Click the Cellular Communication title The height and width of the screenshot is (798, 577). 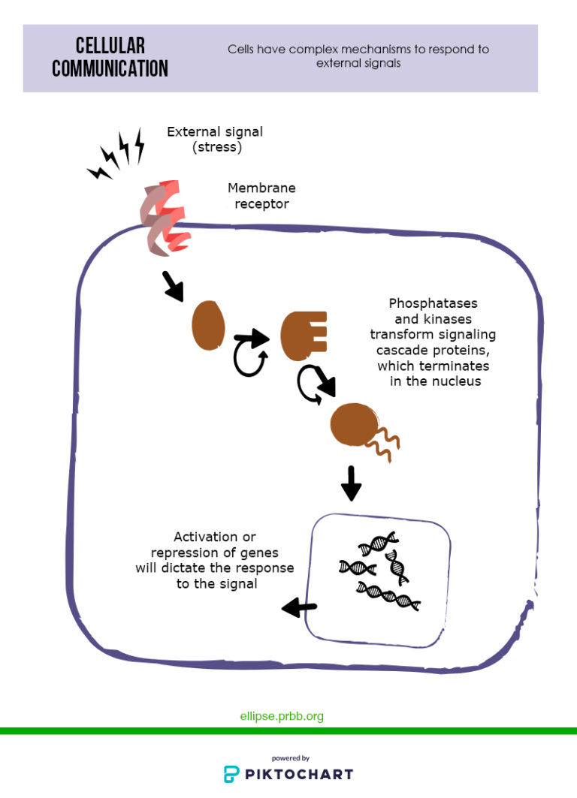click(110, 57)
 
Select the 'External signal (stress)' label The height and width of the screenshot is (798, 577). click(215, 140)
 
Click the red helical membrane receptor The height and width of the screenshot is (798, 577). click(164, 215)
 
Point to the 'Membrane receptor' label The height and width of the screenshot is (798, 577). click(261, 195)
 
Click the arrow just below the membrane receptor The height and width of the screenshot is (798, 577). click(173, 287)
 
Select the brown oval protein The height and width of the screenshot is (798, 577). click(208, 326)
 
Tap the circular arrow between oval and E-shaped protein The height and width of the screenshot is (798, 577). click(250, 352)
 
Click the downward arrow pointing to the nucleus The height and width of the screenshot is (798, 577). click(351, 483)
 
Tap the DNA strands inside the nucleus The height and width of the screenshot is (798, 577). click(379, 571)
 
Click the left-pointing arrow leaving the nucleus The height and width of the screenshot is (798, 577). click(299, 607)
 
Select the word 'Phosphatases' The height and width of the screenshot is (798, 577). click(433, 303)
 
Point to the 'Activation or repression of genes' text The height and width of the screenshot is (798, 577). click(215, 545)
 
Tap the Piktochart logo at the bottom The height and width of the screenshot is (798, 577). click(288, 772)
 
